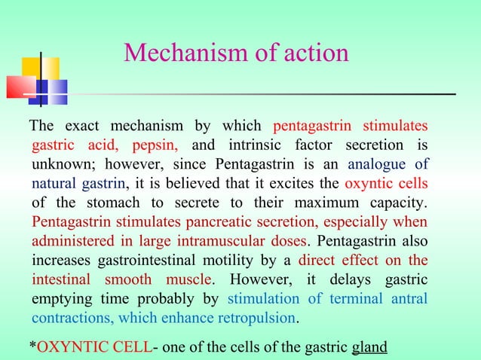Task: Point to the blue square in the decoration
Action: [51, 91]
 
